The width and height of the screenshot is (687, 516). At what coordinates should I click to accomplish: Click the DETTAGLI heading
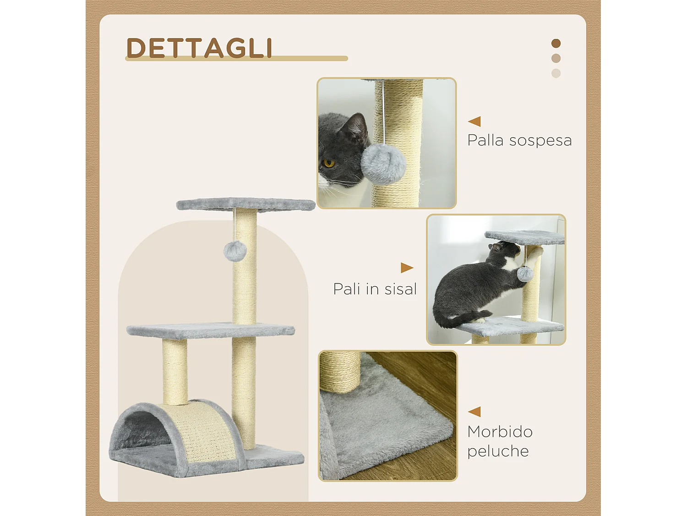(x=199, y=48)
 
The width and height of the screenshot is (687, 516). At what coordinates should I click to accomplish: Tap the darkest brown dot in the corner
(x=556, y=44)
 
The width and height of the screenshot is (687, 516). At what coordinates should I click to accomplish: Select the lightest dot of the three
(x=556, y=73)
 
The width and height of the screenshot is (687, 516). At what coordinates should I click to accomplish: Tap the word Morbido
(x=500, y=432)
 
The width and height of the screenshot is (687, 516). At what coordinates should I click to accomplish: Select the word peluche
(x=498, y=451)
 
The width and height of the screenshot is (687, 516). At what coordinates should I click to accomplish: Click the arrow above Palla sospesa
(x=474, y=121)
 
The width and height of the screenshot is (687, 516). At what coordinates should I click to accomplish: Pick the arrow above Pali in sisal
(x=407, y=267)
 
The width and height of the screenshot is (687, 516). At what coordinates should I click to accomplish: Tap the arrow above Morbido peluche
(x=474, y=411)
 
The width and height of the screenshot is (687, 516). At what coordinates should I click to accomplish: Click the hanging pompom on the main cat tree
(x=235, y=251)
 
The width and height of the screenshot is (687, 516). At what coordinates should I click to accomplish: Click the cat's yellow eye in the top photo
(x=328, y=163)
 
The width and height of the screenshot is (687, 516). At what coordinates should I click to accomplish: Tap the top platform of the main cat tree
(x=245, y=204)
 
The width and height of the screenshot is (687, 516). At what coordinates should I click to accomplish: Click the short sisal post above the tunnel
(x=175, y=372)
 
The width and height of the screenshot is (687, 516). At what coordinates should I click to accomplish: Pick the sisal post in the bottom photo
(x=340, y=372)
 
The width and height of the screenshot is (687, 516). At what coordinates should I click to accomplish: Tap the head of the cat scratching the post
(x=504, y=251)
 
